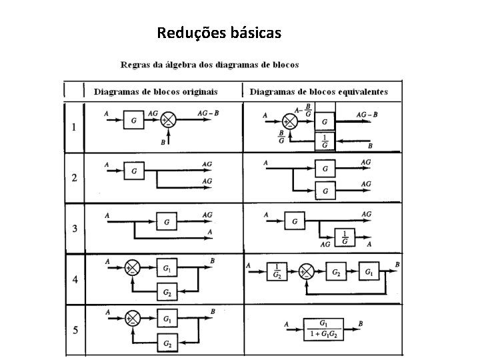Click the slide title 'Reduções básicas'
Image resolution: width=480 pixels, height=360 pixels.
(x=219, y=32)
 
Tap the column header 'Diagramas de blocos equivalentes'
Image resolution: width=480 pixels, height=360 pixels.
(x=327, y=91)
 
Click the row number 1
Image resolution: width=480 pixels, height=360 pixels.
(x=74, y=127)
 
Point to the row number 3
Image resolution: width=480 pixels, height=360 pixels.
(x=74, y=229)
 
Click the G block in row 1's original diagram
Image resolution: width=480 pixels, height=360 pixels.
(x=135, y=121)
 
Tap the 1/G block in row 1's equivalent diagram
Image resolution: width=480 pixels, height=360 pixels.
(x=325, y=142)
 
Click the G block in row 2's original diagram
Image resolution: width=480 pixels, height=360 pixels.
(x=135, y=171)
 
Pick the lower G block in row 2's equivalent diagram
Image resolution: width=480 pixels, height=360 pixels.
(x=325, y=191)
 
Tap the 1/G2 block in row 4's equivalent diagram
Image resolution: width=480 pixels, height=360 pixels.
(x=277, y=271)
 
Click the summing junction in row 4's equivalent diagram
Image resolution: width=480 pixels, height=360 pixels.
(x=307, y=271)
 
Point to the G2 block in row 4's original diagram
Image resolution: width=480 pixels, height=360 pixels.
(x=166, y=292)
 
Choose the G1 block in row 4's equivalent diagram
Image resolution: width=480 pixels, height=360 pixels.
(x=369, y=271)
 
